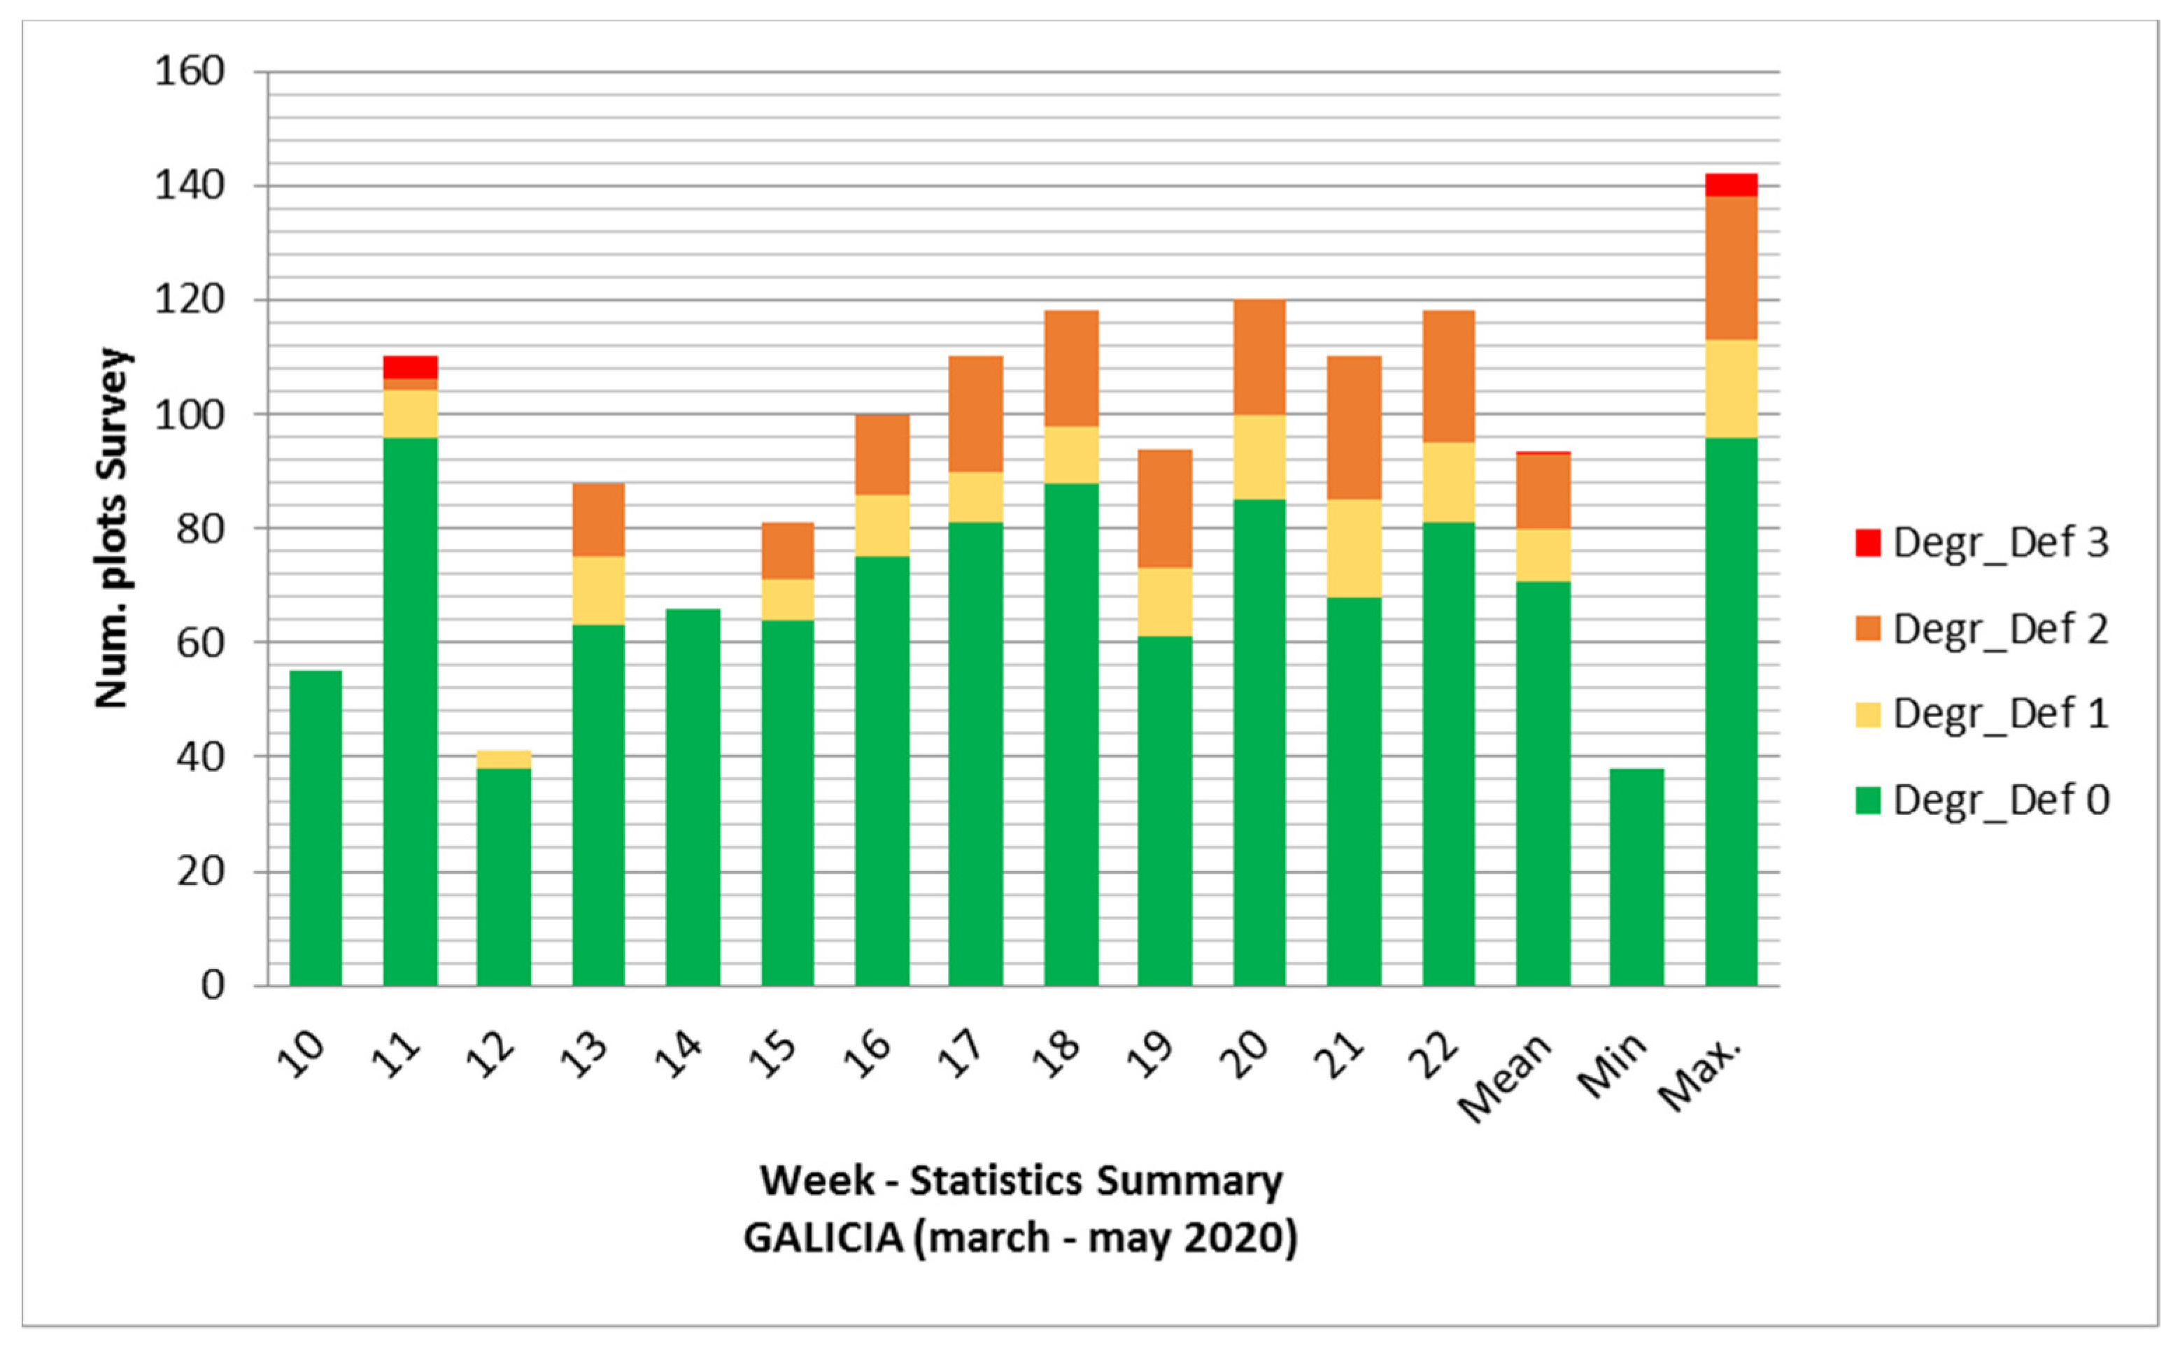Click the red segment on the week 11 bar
click(410, 367)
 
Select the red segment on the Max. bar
click(1731, 184)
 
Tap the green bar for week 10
click(316, 828)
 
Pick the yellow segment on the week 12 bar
click(503, 759)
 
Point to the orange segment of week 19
click(1164, 509)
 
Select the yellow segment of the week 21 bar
click(1353, 548)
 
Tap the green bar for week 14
click(693, 796)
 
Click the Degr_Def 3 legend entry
click(1981, 543)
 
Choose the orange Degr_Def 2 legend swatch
click(1868, 628)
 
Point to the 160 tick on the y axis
click(190, 71)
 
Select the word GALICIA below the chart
click(823, 1238)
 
